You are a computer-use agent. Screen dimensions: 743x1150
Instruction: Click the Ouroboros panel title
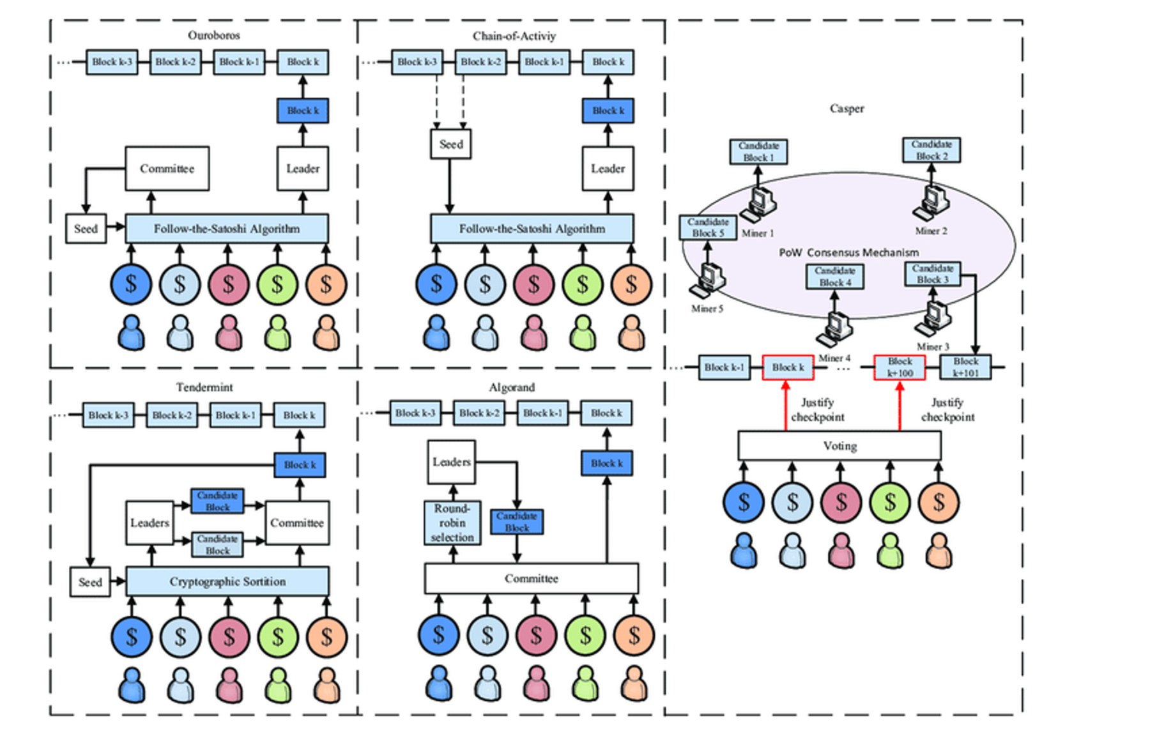213,35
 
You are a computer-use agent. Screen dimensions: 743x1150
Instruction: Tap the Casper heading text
847,109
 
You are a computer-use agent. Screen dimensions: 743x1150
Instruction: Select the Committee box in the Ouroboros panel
167,169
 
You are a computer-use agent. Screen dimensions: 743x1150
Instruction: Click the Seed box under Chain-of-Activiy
450,144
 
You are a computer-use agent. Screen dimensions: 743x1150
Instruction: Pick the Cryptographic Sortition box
227,581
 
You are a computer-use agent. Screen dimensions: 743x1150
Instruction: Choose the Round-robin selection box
452,523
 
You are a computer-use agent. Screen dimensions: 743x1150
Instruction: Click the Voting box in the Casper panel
839,446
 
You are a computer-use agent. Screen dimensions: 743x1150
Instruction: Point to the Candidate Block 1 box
758,152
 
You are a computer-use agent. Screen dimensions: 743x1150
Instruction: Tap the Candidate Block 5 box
708,227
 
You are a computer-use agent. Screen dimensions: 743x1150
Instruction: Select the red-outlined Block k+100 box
900,367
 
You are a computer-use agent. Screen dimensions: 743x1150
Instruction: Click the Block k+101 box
965,367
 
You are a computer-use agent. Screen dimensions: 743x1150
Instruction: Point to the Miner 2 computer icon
931,201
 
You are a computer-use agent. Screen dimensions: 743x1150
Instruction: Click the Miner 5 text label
707,309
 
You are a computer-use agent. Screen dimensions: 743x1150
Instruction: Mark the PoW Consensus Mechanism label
848,252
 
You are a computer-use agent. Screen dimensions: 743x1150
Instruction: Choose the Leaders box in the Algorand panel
451,462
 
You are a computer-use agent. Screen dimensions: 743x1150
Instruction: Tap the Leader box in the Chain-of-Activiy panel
608,169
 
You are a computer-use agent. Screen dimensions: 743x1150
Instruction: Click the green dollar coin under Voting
889,502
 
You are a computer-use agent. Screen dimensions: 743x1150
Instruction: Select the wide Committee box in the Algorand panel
532,578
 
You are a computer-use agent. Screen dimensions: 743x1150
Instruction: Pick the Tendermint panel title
204,387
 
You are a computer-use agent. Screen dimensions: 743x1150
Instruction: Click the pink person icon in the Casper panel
841,551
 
